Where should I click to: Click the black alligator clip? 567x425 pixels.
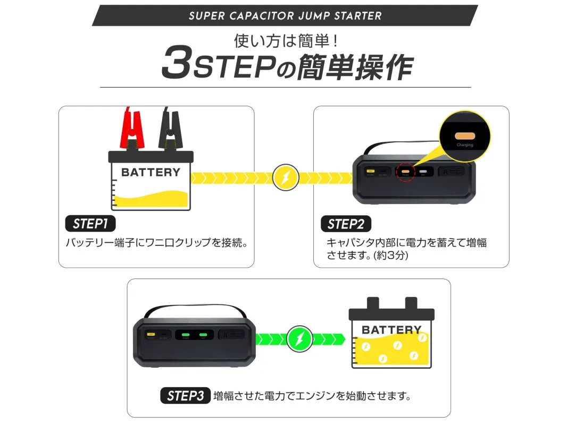[170, 130]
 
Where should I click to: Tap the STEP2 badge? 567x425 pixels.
[346, 224]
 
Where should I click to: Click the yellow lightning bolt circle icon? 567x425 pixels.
[286, 177]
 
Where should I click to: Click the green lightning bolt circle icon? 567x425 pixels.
[300, 338]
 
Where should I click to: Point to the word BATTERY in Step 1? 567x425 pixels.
[151, 172]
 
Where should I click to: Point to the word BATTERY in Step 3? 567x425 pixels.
[391, 330]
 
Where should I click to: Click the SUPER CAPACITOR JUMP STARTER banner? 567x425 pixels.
[285, 15]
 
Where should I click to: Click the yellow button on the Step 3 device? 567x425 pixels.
[151, 335]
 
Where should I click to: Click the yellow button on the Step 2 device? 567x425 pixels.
[369, 172]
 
